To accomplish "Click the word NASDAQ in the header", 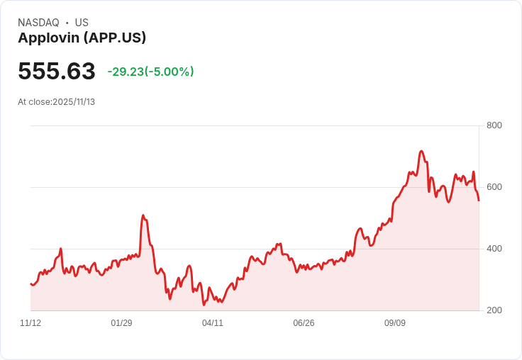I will [38, 23].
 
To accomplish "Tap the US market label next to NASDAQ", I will [82, 23].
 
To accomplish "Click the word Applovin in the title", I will [48, 38].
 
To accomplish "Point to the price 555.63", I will [57, 72].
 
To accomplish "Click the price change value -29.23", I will [126, 72].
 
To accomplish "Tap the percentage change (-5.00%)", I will [170, 72].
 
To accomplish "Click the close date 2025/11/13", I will [74, 102].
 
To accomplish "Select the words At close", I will [33, 102].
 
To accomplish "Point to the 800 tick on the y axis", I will [494, 125].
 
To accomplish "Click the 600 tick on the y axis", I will [494, 187].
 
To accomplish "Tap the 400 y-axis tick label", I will [494, 249].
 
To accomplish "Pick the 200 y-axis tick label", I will [494, 310].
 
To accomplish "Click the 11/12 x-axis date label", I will [30, 323].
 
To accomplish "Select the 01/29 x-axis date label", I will [121, 323].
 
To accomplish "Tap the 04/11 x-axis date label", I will [213, 323].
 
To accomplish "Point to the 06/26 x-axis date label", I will [304, 323].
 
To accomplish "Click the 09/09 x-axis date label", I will [395, 323].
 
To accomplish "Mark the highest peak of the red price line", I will [421, 151].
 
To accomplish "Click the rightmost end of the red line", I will [479, 201].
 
